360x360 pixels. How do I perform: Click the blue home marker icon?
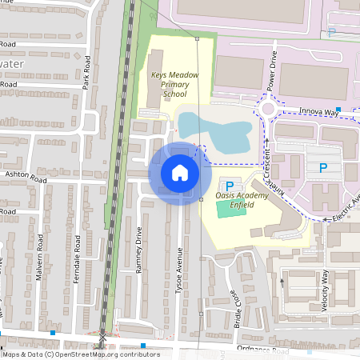pyautogui.click(x=180, y=173)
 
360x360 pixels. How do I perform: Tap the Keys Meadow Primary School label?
pyautogui.click(x=174, y=84)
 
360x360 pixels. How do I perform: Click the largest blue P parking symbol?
pyautogui.click(x=323, y=168)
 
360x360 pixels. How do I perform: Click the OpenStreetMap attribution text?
pyautogui.click(x=80, y=354)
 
